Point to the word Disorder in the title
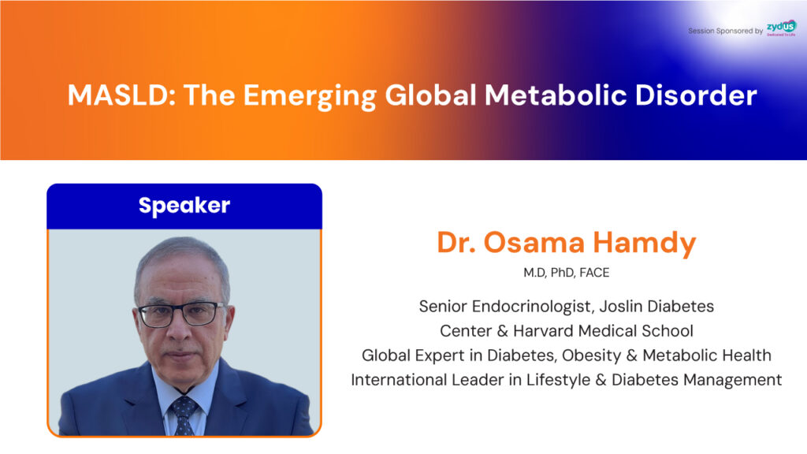[x=696, y=95]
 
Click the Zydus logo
[x=781, y=28]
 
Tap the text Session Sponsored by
[x=725, y=31]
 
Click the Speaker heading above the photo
[x=184, y=206]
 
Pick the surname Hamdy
[x=645, y=244]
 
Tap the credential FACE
[x=594, y=272]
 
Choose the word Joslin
[x=621, y=307]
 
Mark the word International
[x=399, y=380]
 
